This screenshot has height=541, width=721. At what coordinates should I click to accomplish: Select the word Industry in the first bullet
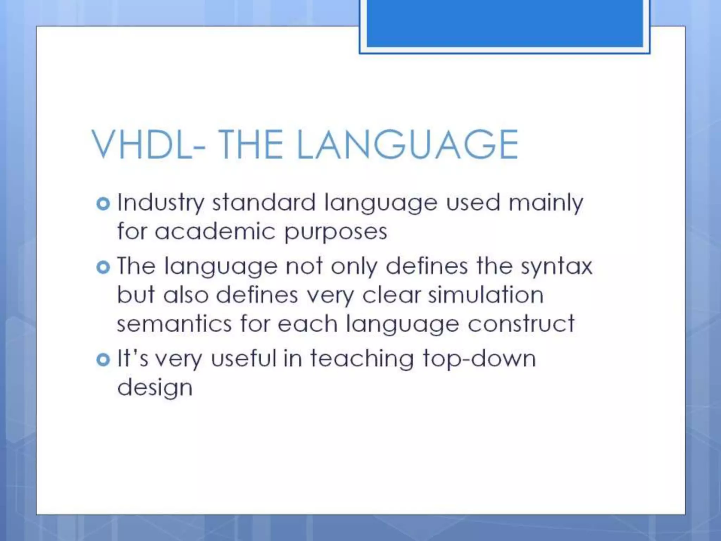(x=161, y=203)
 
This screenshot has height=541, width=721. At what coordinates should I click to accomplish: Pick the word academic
(x=215, y=232)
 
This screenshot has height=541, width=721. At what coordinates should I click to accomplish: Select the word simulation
(x=486, y=295)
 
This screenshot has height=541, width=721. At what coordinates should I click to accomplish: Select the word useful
(x=244, y=359)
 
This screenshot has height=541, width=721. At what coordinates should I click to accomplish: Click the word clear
(x=391, y=295)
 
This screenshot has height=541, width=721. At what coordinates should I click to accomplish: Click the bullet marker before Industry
(x=103, y=204)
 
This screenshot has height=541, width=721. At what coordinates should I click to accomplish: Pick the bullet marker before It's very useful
(x=103, y=360)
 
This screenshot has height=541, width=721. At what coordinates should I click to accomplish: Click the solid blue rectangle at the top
(x=504, y=23)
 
